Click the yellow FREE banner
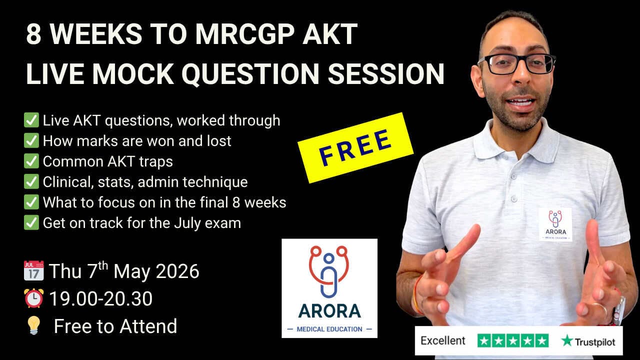[x=355, y=147]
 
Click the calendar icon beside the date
[x=34, y=271]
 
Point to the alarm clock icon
[x=34, y=298]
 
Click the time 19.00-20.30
[x=100, y=298]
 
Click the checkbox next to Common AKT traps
[x=31, y=161]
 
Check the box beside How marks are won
[x=31, y=141]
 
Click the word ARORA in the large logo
[x=329, y=311]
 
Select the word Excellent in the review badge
[x=443, y=341]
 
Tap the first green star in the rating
[x=484, y=341]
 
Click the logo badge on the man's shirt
[x=555, y=224]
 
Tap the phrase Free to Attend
[x=115, y=326]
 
